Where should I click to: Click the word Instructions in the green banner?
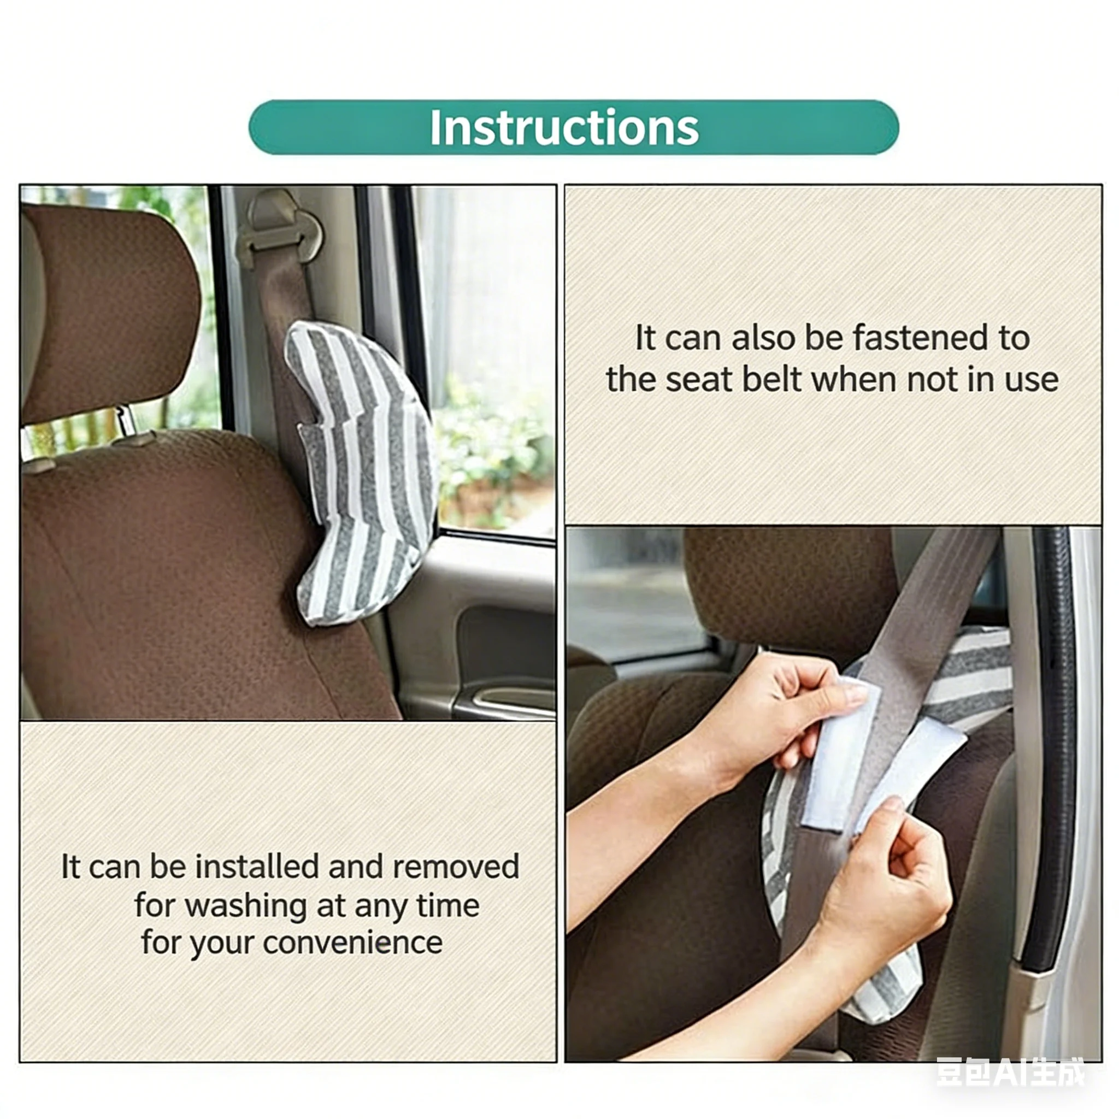564,127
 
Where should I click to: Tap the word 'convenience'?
353,943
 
